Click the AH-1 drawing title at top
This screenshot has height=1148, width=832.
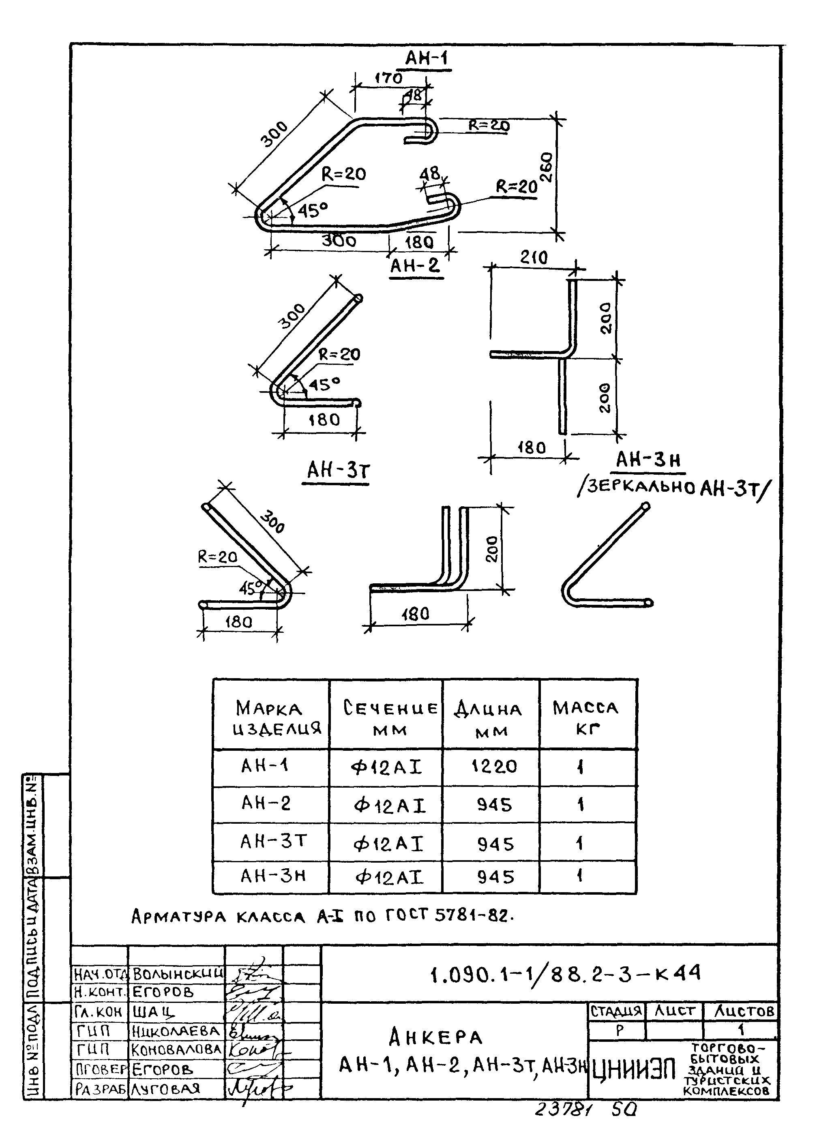click(427, 59)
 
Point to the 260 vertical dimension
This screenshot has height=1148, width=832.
click(547, 167)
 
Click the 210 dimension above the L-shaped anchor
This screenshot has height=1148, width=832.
click(534, 258)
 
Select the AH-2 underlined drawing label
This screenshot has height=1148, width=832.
click(415, 265)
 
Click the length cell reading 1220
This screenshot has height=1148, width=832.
click(494, 766)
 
